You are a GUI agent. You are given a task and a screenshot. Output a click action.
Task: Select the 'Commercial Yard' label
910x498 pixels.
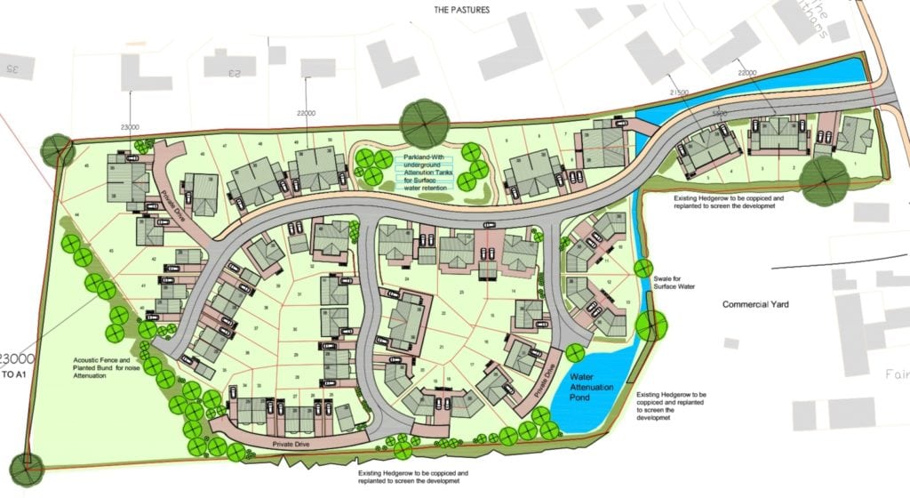coord(755,304)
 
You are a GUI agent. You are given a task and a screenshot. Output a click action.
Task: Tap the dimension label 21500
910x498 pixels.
coord(681,92)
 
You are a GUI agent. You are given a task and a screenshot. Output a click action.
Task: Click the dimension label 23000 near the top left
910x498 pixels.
coord(130,127)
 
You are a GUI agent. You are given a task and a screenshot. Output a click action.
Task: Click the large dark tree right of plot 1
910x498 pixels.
coord(823,180)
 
